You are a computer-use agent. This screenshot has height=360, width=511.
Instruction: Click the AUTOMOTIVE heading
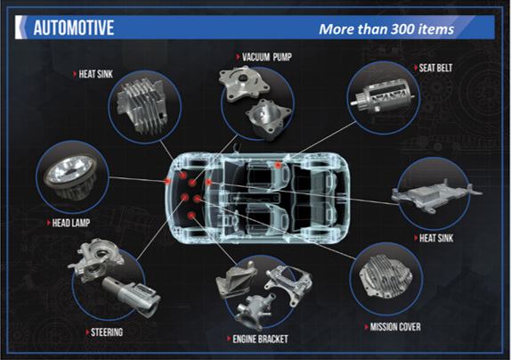74,28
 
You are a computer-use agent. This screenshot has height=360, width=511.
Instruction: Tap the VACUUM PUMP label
267,57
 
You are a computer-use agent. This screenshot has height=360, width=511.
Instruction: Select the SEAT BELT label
435,68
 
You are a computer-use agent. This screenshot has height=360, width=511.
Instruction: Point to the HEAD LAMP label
71,223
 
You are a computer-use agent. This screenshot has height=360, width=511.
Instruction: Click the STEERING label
107,332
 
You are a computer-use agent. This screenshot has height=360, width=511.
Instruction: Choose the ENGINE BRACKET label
260,340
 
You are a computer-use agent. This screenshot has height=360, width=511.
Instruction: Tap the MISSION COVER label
395,327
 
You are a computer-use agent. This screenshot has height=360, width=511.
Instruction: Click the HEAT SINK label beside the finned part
96,74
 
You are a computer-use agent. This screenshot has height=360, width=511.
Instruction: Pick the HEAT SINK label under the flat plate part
436,238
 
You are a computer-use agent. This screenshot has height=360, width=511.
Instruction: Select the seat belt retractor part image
383,97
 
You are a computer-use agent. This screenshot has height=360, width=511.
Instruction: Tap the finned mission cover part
386,276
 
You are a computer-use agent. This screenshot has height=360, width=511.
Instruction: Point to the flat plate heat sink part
436,194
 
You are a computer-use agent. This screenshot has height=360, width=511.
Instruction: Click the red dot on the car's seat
278,165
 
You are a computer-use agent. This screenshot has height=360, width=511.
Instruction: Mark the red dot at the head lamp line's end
167,181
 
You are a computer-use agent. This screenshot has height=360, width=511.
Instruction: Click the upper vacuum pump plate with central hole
244,84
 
